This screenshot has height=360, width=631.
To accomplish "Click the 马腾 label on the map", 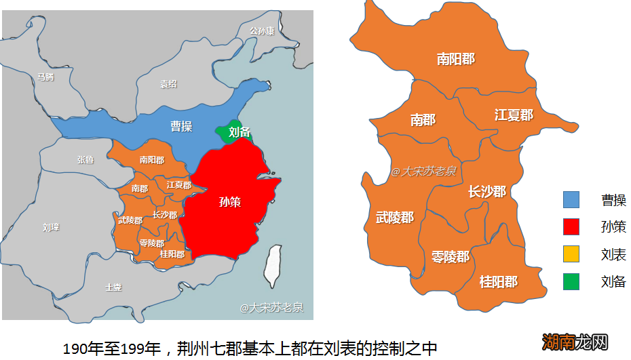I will point(45,77).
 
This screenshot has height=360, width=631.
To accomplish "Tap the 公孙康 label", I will point(262,31).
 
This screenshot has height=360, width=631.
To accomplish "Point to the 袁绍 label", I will point(168,84).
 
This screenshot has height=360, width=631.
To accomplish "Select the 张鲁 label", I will point(85,160).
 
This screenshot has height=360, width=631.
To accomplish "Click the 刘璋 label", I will point(51,227).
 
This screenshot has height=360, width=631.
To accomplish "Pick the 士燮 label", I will point(113,287).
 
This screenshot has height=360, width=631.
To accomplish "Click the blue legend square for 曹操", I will point(571,199).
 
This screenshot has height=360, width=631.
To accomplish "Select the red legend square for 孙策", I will point(571,226).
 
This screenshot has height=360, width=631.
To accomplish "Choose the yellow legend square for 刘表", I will point(571,254).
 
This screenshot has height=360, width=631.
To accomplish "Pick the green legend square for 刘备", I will point(571,281).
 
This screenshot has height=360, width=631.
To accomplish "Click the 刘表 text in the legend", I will point(613,254).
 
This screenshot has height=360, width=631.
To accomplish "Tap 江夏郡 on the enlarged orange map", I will point(514,115).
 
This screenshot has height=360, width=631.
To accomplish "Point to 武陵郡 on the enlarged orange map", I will point(395,218).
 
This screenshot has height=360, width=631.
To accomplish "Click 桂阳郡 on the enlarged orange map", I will point(498,281).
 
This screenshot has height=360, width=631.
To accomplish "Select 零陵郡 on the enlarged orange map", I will point(451,257).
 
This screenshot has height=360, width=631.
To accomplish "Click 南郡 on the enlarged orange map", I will point(423,120).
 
